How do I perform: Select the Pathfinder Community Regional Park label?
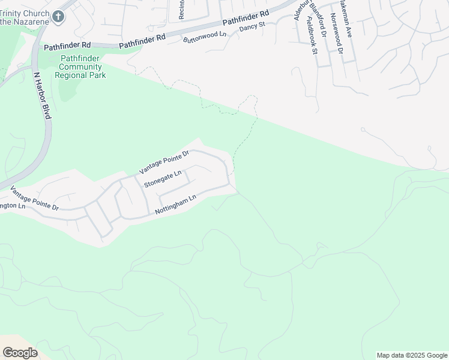coord(80,67)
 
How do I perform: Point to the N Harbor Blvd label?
coord(43,96)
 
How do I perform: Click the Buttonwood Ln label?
coord(205,37)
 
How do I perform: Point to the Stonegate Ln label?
coord(162,178)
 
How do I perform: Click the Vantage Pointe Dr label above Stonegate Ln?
coord(164,161)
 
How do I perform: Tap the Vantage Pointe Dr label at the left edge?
coord(35,199)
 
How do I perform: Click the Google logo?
coord(20,353)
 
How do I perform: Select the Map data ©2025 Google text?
coord(412,355)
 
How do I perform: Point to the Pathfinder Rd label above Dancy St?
coord(246,17)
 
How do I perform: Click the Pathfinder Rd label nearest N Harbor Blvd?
coord(67,46)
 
